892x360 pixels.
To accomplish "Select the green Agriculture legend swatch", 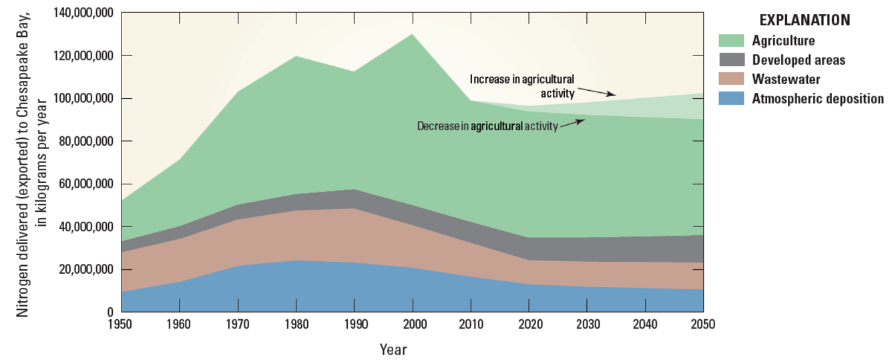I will (x=732, y=41).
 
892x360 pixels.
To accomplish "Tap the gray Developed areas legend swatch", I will (x=732, y=60).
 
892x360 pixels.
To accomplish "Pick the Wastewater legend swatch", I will (x=732, y=79).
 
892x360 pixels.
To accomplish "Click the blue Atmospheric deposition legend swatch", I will (x=732, y=99).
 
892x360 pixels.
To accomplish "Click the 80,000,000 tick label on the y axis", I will (x=82, y=142).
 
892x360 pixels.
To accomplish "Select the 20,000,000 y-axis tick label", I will (x=82, y=270).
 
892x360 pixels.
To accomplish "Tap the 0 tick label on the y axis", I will (x=109, y=313).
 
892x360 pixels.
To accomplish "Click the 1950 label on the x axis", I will (x=122, y=325).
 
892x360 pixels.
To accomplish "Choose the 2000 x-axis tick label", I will (x=413, y=325).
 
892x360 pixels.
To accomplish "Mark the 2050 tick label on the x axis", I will (x=703, y=325).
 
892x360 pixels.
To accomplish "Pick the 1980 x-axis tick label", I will (x=296, y=325).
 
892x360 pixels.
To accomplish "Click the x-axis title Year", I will (x=393, y=349).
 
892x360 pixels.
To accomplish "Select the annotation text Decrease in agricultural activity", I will (x=487, y=126).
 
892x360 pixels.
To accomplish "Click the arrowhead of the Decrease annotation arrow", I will (x=584, y=120).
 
